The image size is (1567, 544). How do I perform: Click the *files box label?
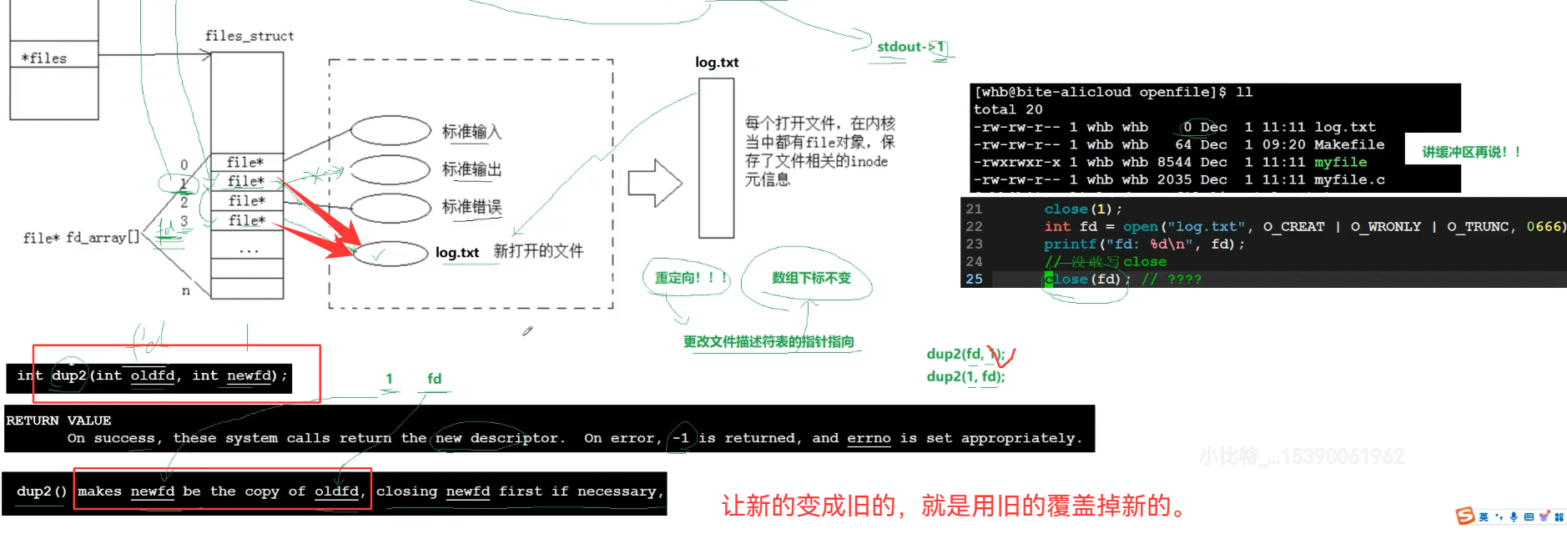[44, 58]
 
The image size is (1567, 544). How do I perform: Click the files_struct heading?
[249, 36]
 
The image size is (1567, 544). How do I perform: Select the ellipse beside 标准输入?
[390, 130]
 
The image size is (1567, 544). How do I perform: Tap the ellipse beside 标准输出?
[390, 169]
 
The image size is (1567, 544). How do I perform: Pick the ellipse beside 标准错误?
[390, 207]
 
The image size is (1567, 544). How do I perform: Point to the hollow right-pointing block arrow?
[654, 183]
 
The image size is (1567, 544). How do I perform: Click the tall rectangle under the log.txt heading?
[716, 159]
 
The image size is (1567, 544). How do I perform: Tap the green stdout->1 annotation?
[910, 47]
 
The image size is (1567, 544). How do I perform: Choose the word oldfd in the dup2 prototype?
[153, 375]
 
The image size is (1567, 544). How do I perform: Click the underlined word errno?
[869, 438]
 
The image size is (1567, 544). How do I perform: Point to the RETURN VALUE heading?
[58, 421]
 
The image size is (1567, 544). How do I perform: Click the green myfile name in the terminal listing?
[1340, 162]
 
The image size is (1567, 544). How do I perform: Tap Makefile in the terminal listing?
[1348, 144]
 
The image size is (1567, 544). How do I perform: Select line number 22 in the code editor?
[974, 227]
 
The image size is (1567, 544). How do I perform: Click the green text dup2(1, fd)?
[965, 376]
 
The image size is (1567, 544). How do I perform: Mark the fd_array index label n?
[185, 290]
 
